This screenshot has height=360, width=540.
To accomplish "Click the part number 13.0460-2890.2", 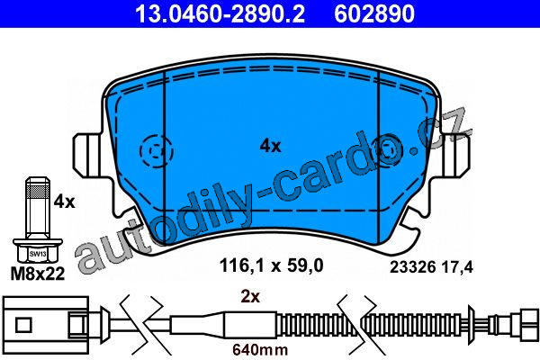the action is [220, 13].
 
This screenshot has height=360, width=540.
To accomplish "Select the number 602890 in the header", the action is [374, 13].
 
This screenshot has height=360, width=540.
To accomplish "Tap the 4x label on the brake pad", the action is [270, 146].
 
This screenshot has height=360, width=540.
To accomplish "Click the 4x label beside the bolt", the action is [64, 202].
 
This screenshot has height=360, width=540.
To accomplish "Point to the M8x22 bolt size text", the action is [38, 274].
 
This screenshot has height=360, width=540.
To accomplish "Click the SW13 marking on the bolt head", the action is [38, 254].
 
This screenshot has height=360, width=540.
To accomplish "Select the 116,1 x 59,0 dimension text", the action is [272, 265].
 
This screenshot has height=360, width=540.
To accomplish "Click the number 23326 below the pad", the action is [412, 267].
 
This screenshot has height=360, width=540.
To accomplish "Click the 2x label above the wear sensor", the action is [250, 296].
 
